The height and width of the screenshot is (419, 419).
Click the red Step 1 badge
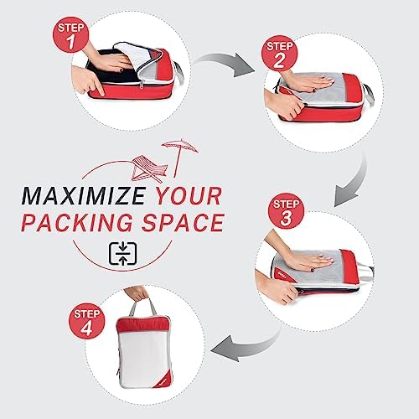[70, 35]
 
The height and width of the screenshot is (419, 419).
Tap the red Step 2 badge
[279, 53]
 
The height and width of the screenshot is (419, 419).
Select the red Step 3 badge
[286, 211]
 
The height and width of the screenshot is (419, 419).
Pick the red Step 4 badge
[86, 321]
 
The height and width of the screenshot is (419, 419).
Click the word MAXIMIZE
[84, 195]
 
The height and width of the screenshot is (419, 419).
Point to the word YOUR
[189, 195]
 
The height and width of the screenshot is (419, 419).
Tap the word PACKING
[77, 223]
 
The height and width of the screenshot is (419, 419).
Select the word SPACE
[183, 223]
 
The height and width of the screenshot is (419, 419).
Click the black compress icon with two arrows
[123, 254]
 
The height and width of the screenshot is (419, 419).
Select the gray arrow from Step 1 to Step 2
[224, 62]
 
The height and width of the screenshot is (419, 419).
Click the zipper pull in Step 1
[142, 85]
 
